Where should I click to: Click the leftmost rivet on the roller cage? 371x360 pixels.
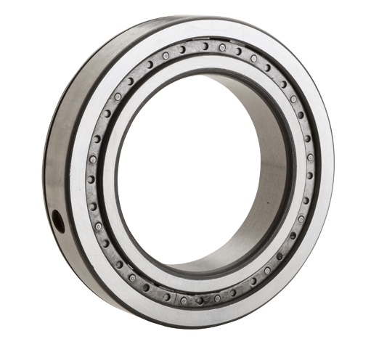[x=90, y=179]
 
